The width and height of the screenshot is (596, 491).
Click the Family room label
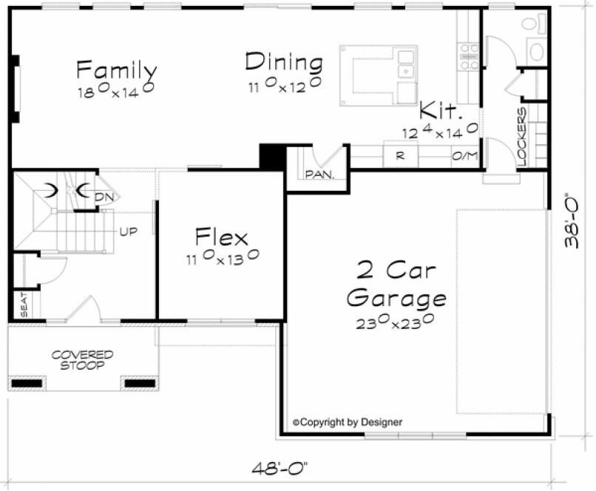(116, 71)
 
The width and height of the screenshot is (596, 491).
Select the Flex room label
(221, 237)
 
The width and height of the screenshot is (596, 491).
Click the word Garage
(396, 298)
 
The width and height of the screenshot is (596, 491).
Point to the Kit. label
(441, 112)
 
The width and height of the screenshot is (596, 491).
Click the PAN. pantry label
(319, 175)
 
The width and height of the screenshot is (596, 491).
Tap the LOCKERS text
(522, 136)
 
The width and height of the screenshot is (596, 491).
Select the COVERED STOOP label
(82, 360)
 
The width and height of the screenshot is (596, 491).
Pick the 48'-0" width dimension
(278, 467)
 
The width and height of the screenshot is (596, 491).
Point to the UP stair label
(128, 231)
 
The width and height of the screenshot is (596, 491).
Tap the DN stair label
(103, 196)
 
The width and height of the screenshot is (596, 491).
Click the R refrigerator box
(399, 156)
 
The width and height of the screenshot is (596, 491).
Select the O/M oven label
(464, 156)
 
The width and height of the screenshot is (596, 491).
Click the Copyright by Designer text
(348, 422)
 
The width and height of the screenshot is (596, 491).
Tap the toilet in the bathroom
(535, 46)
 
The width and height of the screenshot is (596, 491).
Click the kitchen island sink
(405, 72)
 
